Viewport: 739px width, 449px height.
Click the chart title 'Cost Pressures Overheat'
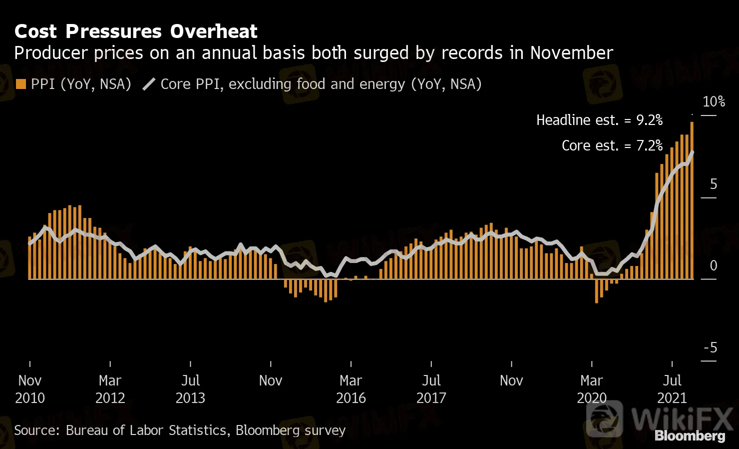pyautogui.click(x=136, y=31)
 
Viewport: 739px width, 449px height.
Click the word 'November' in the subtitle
pyautogui.click(x=571, y=53)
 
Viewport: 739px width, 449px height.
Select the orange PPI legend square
pyautogui.click(x=20, y=84)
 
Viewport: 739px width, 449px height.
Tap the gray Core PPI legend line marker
pyautogui.click(x=149, y=84)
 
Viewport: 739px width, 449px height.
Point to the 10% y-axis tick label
pyautogui.click(x=714, y=102)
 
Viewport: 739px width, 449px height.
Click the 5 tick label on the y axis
pyautogui.click(x=714, y=184)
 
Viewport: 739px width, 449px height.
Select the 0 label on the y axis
pyautogui.click(x=714, y=265)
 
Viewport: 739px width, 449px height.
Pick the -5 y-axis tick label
pyautogui.click(x=711, y=347)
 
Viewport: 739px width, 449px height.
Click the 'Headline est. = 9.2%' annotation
pyautogui.click(x=599, y=120)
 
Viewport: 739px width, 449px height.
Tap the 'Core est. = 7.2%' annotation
pyautogui.click(x=612, y=145)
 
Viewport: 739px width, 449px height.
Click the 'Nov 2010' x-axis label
pyautogui.click(x=30, y=389)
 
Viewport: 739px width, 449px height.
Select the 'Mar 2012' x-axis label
pyautogui.click(x=110, y=389)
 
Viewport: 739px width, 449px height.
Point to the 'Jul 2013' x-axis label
pyautogui.click(x=190, y=389)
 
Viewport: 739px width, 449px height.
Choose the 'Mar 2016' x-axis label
pyautogui.click(x=351, y=389)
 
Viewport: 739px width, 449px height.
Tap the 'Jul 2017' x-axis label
pyautogui.click(x=431, y=389)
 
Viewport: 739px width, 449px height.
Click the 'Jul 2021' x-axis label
pyautogui.click(x=672, y=389)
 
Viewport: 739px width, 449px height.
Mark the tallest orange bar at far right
pyautogui.click(x=692, y=200)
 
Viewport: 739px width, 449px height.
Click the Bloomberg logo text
pyautogui.click(x=690, y=436)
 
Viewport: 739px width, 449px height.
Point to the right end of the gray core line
pyautogui.click(x=692, y=151)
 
